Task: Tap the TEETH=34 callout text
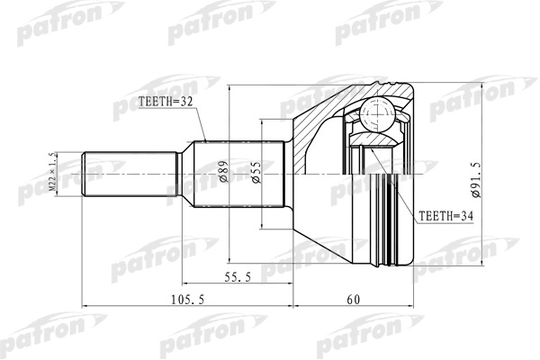pos(445,217)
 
